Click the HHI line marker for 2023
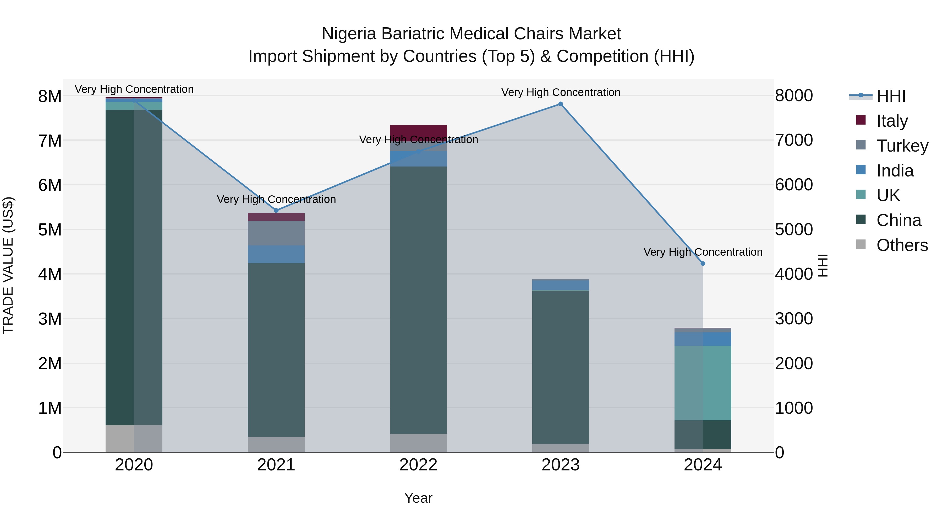coord(561,104)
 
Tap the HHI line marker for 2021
coord(276,210)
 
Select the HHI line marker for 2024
coord(703,264)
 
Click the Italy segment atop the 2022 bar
coord(418,131)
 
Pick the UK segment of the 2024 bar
coord(703,383)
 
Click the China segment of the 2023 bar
coord(561,367)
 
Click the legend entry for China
coord(898,220)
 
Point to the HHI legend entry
coord(890,96)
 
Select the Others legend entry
coord(902,245)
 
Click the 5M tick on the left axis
coord(50,230)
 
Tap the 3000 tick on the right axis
coord(794,318)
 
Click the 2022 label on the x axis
coord(418,465)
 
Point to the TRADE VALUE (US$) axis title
coord(8,265)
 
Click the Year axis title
coord(418,498)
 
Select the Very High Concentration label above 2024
coord(703,252)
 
